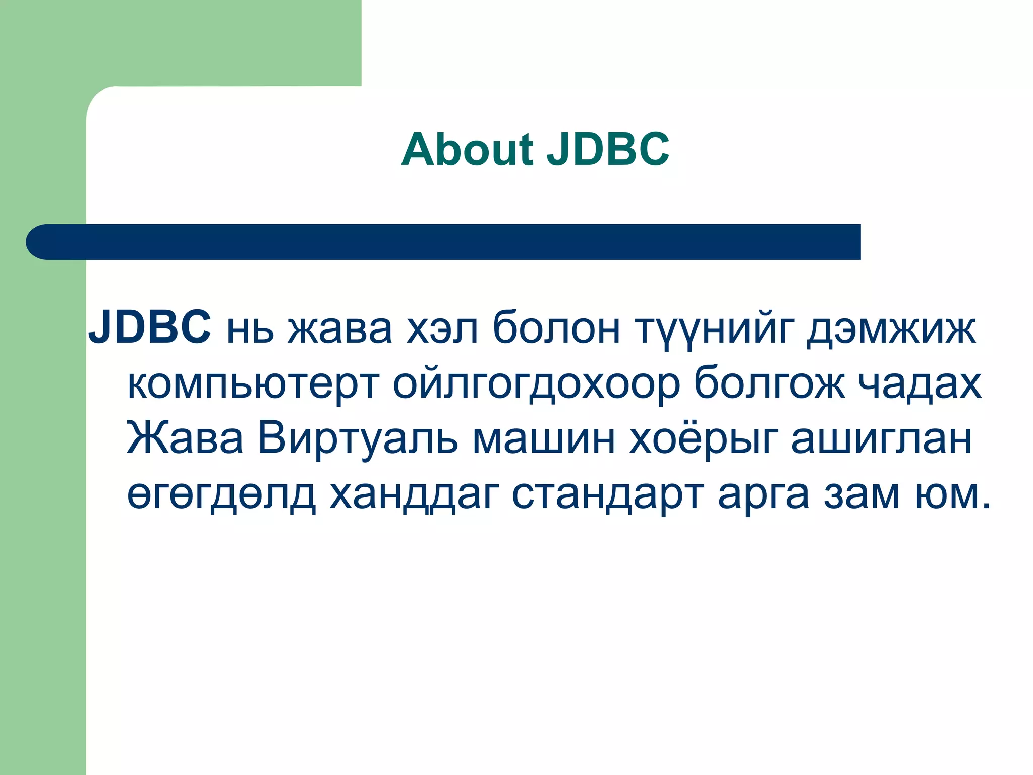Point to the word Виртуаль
[358, 438]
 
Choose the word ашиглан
[881, 438]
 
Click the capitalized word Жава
[185, 438]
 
